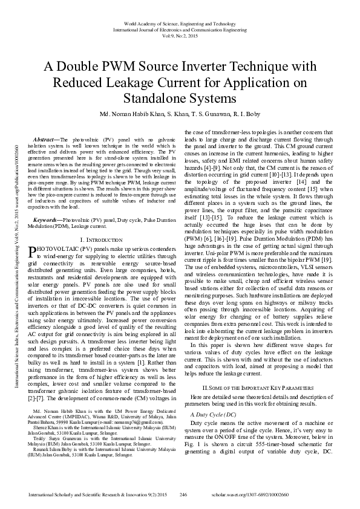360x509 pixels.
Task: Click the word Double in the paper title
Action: click(86, 65)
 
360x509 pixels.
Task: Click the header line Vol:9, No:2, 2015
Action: click(180, 36)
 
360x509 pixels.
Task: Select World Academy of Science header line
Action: click(180, 23)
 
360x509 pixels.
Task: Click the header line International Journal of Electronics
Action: click(180, 30)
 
